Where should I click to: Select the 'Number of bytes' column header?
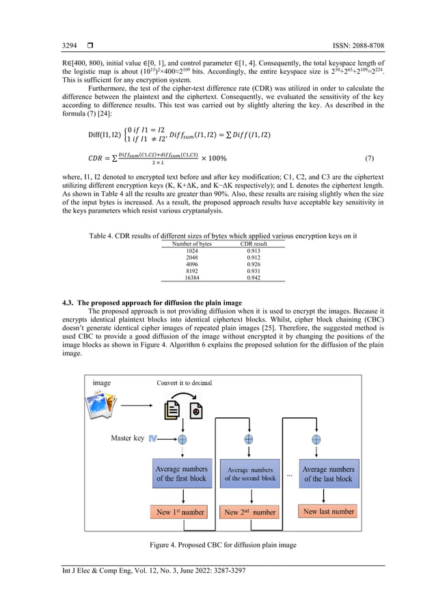click(x=192, y=244)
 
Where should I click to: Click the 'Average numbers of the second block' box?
click(x=250, y=474)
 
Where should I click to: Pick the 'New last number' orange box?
click(x=329, y=511)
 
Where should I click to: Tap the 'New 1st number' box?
click(x=181, y=512)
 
